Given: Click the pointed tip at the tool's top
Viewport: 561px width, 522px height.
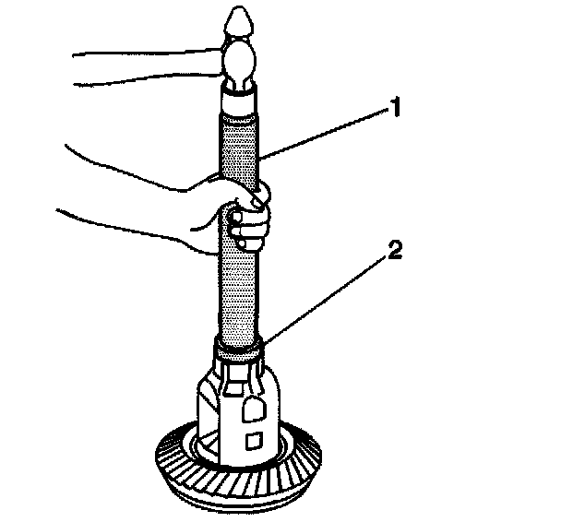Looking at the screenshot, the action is (x=238, y=18).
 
